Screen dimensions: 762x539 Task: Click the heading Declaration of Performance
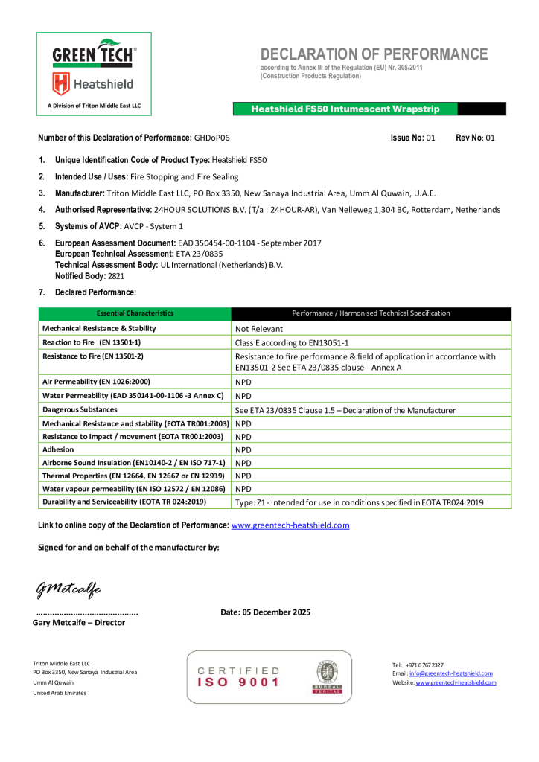(374, 54)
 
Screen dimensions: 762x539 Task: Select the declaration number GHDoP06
(212, 138)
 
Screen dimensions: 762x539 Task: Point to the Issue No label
(407, 138)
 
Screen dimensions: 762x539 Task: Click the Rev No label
(469, 138)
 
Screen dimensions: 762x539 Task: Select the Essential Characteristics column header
(135, 313)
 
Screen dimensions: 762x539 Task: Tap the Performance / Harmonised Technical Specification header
(371, 313)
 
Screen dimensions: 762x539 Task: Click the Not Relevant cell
(259, 328)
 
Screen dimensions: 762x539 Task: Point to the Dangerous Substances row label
(80, 409)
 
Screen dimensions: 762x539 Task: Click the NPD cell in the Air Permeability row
(243, 382)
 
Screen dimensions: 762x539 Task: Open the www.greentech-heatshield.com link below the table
(290, 525)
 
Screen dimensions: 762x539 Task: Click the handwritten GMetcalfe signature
(68, 589)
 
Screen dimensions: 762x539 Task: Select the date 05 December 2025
(266, 612)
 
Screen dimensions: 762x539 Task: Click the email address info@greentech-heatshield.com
(450, 673)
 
